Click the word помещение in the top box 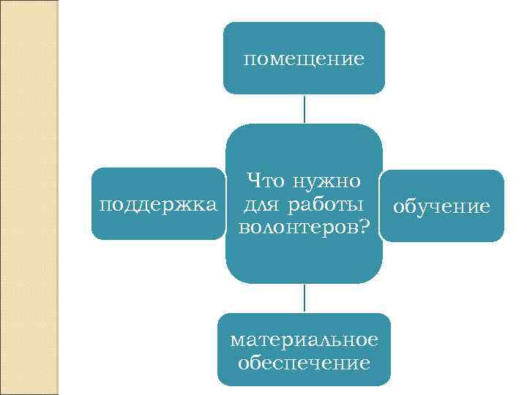click(304, 59)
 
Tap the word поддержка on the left click(158, 203)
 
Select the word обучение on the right click(441, 206)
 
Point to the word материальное click(304, 340)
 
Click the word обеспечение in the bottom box click(304, 362)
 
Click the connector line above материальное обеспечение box click(304, 298)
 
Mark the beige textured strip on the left click(30, 197)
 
